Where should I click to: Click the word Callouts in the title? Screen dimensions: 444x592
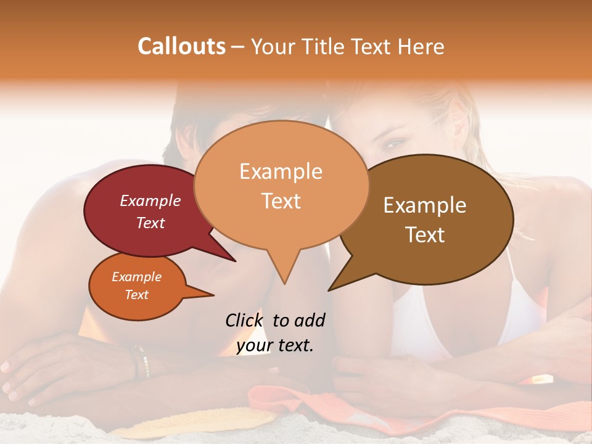(x=181, y=46)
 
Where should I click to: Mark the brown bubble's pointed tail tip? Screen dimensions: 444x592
(x=329, y=290)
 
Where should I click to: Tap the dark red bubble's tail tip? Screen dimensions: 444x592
(x=236, y=261)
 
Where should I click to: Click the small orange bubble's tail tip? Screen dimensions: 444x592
(x=213, y=295)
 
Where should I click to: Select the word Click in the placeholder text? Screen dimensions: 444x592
(x=245, y=320)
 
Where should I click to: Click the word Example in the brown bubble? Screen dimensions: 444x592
(x=425, y=205)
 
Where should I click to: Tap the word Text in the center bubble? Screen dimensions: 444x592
(x=281, y=201)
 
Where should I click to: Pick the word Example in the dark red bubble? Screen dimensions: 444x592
(x=150, y=201)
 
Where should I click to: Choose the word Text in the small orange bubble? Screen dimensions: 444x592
(x=137, y=295)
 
